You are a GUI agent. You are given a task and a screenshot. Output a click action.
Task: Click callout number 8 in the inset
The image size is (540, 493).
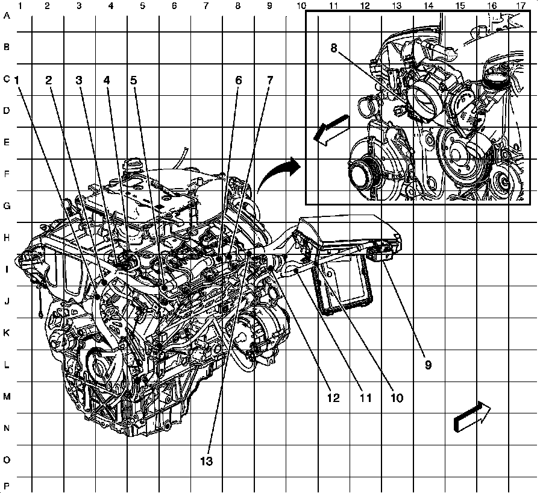coord(333,48)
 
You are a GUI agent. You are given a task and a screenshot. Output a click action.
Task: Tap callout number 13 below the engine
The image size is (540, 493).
coord(206,461)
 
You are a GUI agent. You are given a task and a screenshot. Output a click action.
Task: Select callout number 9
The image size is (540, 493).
coord(428,365)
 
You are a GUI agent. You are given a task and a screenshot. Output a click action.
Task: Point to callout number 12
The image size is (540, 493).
coord(333,398)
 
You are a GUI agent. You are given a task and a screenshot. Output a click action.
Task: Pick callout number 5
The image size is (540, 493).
coord(134,80)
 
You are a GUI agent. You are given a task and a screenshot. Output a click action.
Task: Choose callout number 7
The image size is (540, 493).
coord(270,80)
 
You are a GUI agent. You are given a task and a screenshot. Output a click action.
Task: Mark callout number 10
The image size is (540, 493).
coord(397,398)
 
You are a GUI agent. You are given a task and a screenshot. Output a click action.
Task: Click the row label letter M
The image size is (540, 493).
coord(7,396)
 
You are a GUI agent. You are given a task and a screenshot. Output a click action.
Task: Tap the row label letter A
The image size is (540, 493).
coord(7,15)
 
